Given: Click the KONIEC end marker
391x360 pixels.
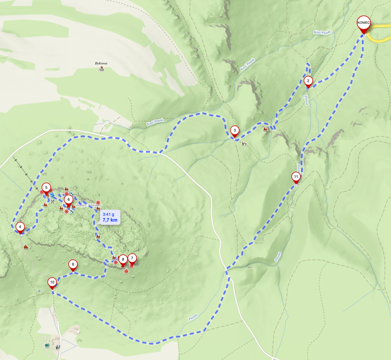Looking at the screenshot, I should click(363, 23).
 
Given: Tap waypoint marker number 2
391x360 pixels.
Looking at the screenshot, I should click(308, 81).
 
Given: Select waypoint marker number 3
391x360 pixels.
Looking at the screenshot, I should click(235, 131).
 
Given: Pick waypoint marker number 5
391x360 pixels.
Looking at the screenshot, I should click(46, 188).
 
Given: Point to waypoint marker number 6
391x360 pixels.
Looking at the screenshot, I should click(68, 199).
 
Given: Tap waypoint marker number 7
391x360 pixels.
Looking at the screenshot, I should click(132, 258).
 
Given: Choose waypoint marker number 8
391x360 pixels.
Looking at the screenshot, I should click(123, 259).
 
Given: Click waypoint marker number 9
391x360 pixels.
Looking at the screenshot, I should click(73, 264).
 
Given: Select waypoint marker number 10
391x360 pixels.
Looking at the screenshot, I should click(52, 283).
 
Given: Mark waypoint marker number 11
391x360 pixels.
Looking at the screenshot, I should click(296, 177).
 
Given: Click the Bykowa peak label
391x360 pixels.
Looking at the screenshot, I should click(101, 63).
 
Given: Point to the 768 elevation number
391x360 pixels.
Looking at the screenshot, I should click(101, 70).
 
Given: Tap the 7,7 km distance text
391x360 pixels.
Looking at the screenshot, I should click(110, 220).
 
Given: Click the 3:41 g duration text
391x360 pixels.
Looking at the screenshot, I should click(108, 214).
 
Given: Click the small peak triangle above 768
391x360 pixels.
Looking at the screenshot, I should click(101, 67).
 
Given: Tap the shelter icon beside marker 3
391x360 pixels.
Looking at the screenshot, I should click(244, 143).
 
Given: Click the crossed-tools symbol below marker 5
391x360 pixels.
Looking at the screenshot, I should click(53, 201).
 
